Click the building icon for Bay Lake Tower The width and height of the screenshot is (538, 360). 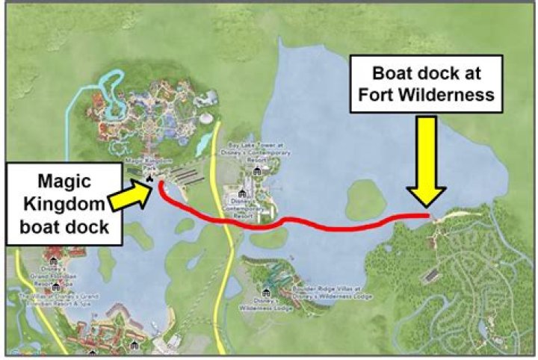(258, 171)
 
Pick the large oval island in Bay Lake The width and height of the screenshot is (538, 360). (365, 199)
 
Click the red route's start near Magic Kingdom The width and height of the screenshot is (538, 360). (160, 183)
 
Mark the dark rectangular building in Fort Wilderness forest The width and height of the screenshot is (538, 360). (428, 276)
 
